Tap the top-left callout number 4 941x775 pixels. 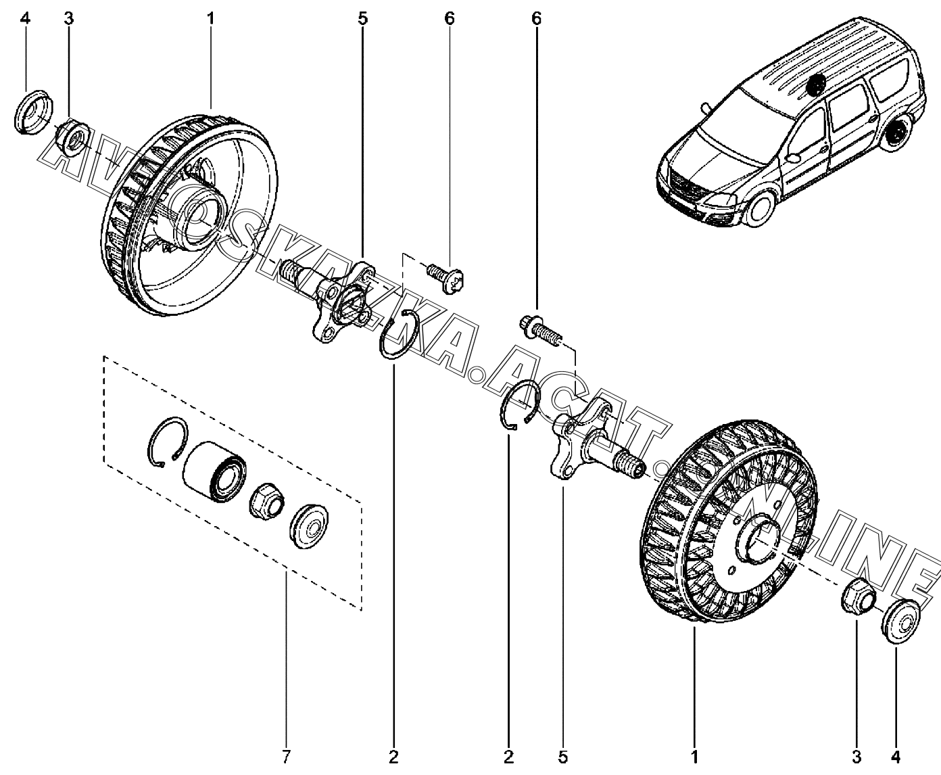pyautogui.click(x=25, y=18)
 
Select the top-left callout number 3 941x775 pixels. pyautogui.click(x=68, y=18)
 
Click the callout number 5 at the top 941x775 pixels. pyautogui.click(x=362, y=18)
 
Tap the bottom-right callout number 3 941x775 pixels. pyautogui.click(x=856, y=756)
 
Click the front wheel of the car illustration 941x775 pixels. pyautogui.click(x=758, y=207)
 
